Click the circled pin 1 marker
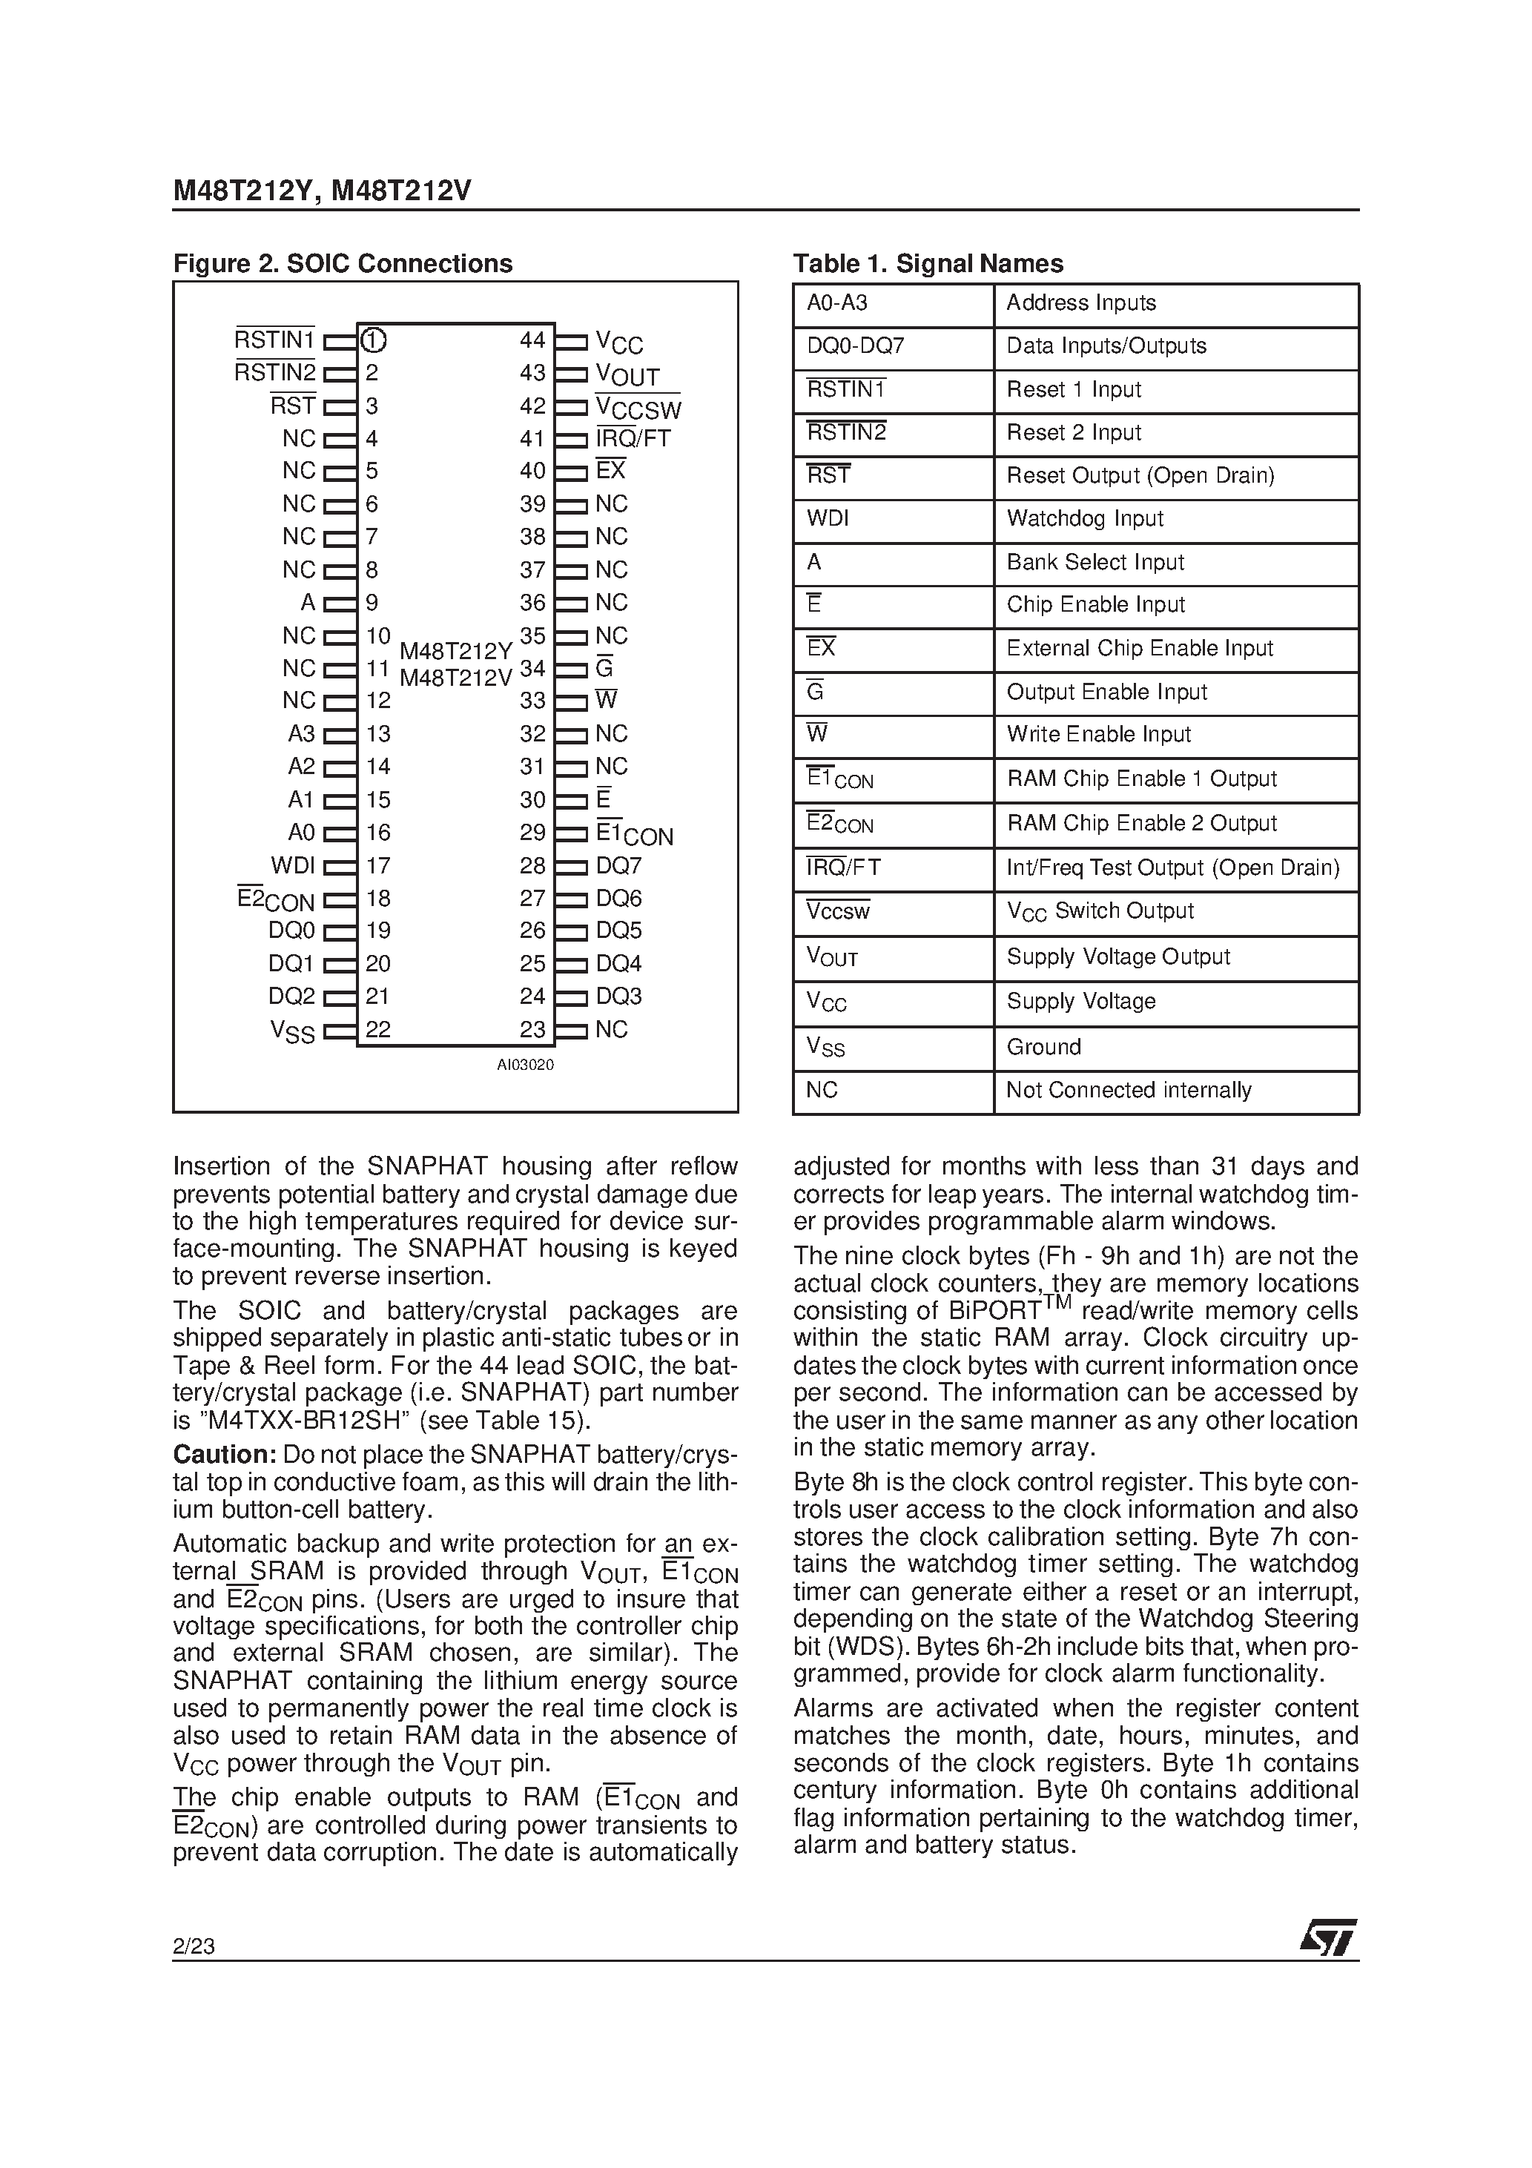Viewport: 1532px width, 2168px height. pos(374,340)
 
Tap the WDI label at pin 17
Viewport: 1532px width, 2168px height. pos(293,866)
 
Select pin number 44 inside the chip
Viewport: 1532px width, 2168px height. pos(532,340)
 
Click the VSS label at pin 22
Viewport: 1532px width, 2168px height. pos(293,1032)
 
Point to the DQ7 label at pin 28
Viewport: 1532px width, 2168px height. pos(618,866)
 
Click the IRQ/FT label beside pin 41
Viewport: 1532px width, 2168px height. pos(633,438)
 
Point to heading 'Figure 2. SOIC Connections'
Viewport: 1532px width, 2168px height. pos(343,263)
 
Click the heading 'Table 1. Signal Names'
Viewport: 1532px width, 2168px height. pos(928,263)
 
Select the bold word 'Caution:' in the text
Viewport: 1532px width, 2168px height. pos(224,1454)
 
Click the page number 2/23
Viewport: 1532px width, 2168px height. pos(194,1946)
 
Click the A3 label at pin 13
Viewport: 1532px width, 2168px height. pos(301,734)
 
